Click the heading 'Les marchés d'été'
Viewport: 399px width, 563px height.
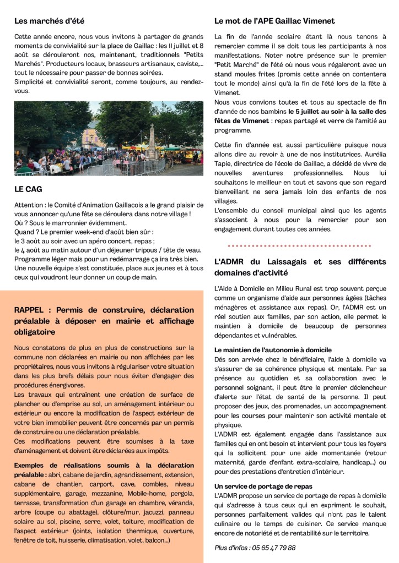pyautogui.click(x=49, y=21)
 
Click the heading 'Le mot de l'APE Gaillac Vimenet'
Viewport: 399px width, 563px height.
pyautogui.click(x=274, y=21)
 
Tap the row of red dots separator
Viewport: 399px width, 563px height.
pyautogui.click(x=299, y=245)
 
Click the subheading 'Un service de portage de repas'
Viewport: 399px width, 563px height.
pyautogui.click(x=263, y=487)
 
